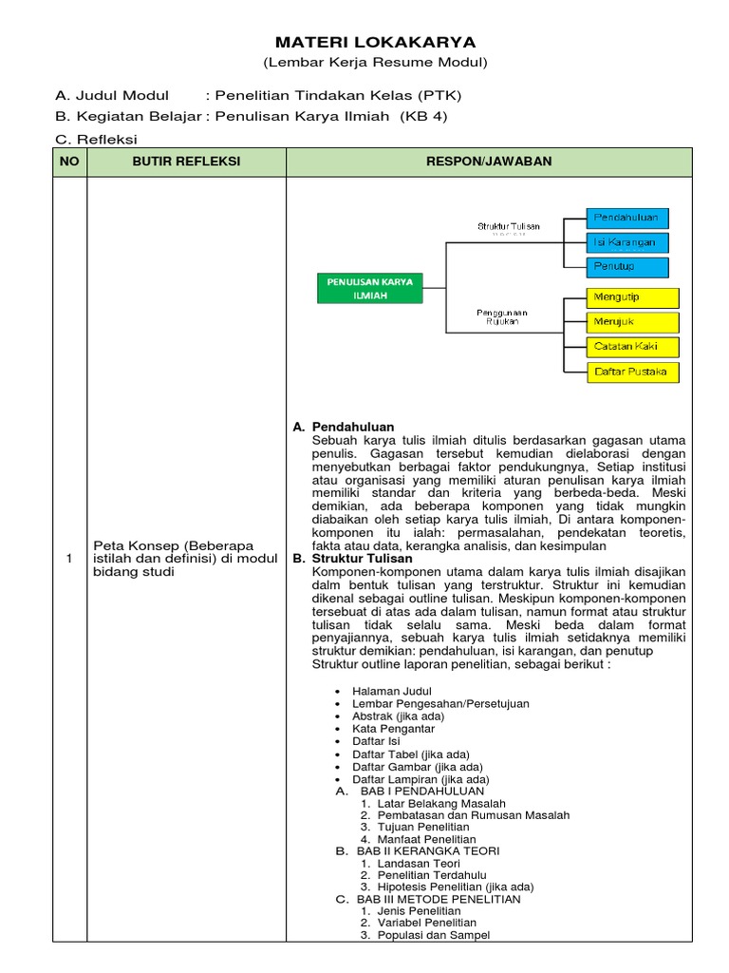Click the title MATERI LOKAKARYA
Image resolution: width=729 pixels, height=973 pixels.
coord(375,43)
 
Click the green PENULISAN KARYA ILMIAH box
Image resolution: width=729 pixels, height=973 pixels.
coord(368,289)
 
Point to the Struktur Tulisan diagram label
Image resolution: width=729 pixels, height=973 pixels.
coord(508,226)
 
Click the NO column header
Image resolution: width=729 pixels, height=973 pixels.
coord(69,162)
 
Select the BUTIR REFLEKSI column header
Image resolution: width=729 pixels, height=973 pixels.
coord(186,162)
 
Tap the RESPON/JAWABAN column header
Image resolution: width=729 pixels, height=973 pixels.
coord(489,162)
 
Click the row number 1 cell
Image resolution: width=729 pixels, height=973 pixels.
coord(69,558)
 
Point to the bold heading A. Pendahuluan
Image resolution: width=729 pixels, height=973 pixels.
coord(343,427)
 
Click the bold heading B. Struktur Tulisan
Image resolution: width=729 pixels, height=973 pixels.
coord(353,560)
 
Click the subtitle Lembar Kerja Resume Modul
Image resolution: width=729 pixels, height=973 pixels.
coord(375,63)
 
